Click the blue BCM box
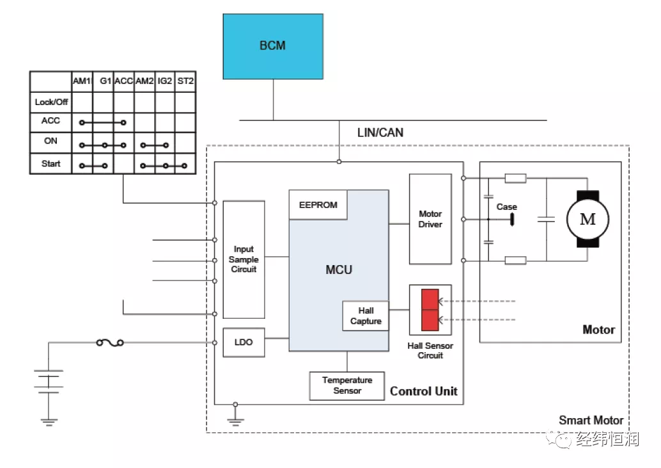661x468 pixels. [272, 45]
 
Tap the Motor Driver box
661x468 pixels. [430, 219]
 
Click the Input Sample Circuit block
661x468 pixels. [244, 259]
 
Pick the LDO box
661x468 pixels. [244, 343]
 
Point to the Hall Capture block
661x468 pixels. [366, 316]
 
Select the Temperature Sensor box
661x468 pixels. [347, 385]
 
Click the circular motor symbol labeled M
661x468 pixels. [587, 219]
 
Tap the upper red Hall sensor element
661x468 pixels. [430, 300]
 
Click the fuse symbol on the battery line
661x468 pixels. [109, 343]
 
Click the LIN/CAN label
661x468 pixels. [380, 133]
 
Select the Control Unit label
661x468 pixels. [423, 391]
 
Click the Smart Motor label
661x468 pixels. [591, 421]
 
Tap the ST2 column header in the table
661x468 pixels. [185, 81]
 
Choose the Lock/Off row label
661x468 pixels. [51, 102]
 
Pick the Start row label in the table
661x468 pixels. [51, 164]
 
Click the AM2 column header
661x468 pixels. [144, 81]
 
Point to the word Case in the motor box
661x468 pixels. [506, 207]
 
